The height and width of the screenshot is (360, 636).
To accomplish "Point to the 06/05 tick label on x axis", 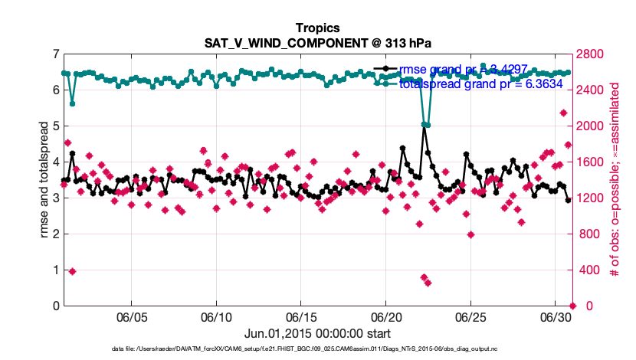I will tap(131, 316).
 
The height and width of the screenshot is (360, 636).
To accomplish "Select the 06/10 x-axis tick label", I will tap(216, 316).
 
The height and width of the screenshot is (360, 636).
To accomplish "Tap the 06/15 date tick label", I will tap(301, 316).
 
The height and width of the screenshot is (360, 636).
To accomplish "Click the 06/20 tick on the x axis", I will tap(386, 316).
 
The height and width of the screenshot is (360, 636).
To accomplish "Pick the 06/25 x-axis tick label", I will tap(471, 316).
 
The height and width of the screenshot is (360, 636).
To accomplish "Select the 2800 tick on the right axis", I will tap(591, 54).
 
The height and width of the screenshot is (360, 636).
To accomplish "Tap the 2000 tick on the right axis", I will tap(591, 126).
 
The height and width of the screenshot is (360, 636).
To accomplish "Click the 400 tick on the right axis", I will tap(588, 270).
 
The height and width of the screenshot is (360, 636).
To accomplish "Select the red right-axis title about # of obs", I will tap(615, 180).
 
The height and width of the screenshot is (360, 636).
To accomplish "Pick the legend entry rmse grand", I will tap(467, 70).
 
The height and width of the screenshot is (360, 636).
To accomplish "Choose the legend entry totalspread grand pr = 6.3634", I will tap(480, 83).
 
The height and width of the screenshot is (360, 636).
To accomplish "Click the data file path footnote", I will tap(317, 349).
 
